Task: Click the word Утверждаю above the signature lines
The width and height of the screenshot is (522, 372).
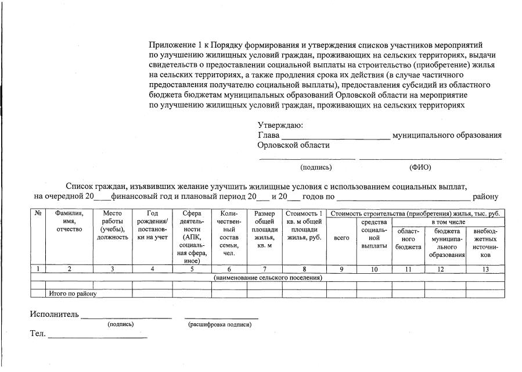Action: pyautogui.click(x=280, y=125)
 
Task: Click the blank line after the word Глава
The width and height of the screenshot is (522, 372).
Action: pyautogui.click(x=335, y=138)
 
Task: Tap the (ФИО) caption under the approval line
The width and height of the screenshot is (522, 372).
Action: pyautogui.click(x=420, y=167)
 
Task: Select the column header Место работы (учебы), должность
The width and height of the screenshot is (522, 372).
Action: pyautogui.click(x=112, y=226)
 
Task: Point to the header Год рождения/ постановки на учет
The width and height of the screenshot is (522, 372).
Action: pyautogui.click(x=152, y=226)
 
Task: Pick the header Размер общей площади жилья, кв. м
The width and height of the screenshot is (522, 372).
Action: pyautogui.click(x=264, y=230)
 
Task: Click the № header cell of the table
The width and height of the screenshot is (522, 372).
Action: pyautogui.click(x=38, y=213)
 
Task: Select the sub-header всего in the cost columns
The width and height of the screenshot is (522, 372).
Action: pyautogui.click(x=341, y=238)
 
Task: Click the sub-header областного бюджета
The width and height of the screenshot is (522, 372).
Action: pyautogui.click(x=409, y=239)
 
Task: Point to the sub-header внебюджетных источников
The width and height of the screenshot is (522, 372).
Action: pyautogui.click(x=485, y=243)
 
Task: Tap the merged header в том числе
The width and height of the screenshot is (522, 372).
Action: pyautogui.click(x=448, y=222)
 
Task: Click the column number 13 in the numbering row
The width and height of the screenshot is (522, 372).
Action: pyautogui.click(x=485, y=269)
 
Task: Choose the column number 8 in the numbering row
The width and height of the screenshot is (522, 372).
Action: pyautogui.click(x=304, y=269)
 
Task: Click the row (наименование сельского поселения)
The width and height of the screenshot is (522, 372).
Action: pyautogui.click(x=268, y=277)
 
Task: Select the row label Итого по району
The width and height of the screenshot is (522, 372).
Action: pyautogui.click(x=72, y=294)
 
